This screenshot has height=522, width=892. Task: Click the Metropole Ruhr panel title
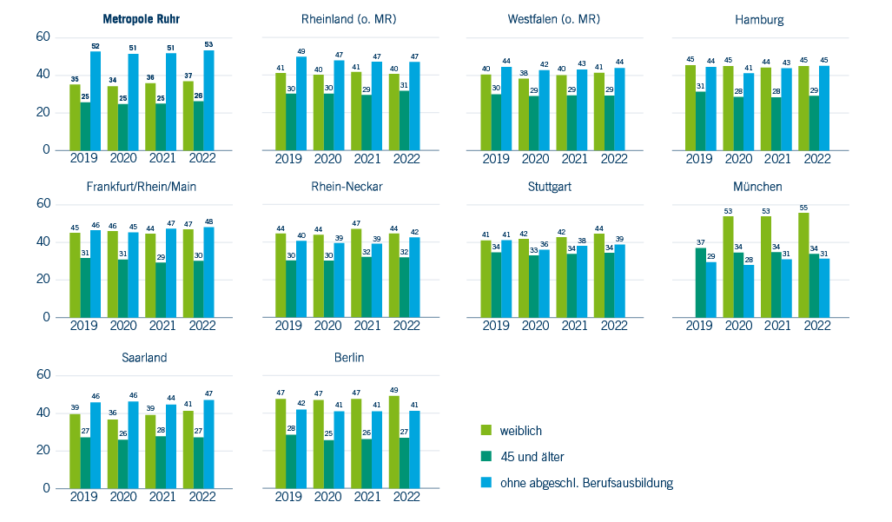click(141, 19)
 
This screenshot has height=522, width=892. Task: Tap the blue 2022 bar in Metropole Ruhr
click(208, 100)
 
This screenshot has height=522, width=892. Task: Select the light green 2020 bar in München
click(728, 267)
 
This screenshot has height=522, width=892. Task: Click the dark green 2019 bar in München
click(701, 282)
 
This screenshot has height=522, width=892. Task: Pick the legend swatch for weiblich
click(486, 430)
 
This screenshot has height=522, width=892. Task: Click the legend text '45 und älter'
click(532, 457)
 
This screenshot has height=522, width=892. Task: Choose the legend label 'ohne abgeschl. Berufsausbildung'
click(586, 483)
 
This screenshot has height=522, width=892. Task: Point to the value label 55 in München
click(803, 208)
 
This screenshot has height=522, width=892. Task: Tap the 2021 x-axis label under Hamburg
click(777, 159)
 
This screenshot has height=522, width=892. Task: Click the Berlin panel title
click(348, 358)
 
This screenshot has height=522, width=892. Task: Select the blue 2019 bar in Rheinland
click(301, 103)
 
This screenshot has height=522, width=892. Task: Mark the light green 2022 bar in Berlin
click(393, 442)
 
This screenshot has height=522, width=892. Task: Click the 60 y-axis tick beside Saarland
click(43, 374)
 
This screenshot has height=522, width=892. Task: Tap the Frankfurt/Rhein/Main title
click(141, 187)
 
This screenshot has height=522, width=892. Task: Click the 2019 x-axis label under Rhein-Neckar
click(287, 326)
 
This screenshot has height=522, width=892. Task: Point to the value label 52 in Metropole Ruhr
click(96, 47)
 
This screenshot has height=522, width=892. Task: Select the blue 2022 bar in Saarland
click(208, 444)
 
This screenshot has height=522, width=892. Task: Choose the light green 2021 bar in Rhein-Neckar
click(356, 273)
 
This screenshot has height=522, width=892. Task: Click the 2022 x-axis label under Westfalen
click(614, 159)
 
